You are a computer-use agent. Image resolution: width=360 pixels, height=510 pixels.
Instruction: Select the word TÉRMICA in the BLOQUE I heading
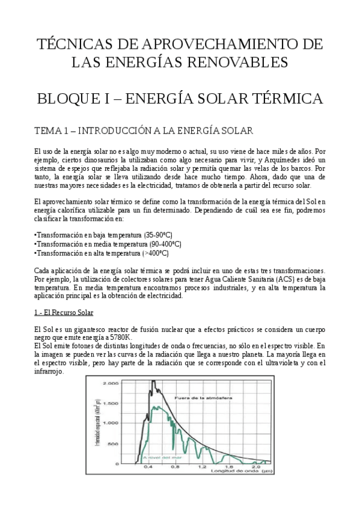coord(281,98)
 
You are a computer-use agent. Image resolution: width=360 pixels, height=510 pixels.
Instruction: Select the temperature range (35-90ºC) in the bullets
coord(157,235)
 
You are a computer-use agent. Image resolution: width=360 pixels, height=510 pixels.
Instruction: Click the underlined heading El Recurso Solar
coord(64,313)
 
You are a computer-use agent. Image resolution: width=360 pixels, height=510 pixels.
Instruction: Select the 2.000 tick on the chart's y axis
coord(111,382)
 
